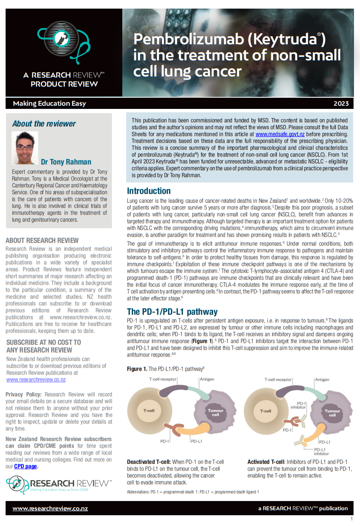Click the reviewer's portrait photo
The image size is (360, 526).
click(25, 148)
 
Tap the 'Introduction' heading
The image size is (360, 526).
click(149, 191)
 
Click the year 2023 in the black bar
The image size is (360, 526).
click(341, 103)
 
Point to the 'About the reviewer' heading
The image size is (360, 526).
click(44, 124)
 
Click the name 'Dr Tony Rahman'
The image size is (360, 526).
click(66, 162)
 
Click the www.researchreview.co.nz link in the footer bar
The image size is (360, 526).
click(50, 508)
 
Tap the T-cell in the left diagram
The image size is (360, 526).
click(149, 411)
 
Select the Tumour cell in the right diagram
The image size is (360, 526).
click(332, 413)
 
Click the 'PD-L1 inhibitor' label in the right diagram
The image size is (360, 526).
click(321, 451)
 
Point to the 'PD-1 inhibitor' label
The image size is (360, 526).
click(298, 405)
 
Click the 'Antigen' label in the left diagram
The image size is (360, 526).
click(207, 379)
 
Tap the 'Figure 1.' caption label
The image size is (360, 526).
click(137, 369)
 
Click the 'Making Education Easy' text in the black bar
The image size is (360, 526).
click(49, 103)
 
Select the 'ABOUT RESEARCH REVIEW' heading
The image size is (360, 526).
click(42, 241)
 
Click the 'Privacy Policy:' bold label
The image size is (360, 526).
click(24, 394)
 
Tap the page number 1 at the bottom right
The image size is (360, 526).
click(352, 519)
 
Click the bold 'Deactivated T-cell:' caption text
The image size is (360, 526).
click(152, 462)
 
